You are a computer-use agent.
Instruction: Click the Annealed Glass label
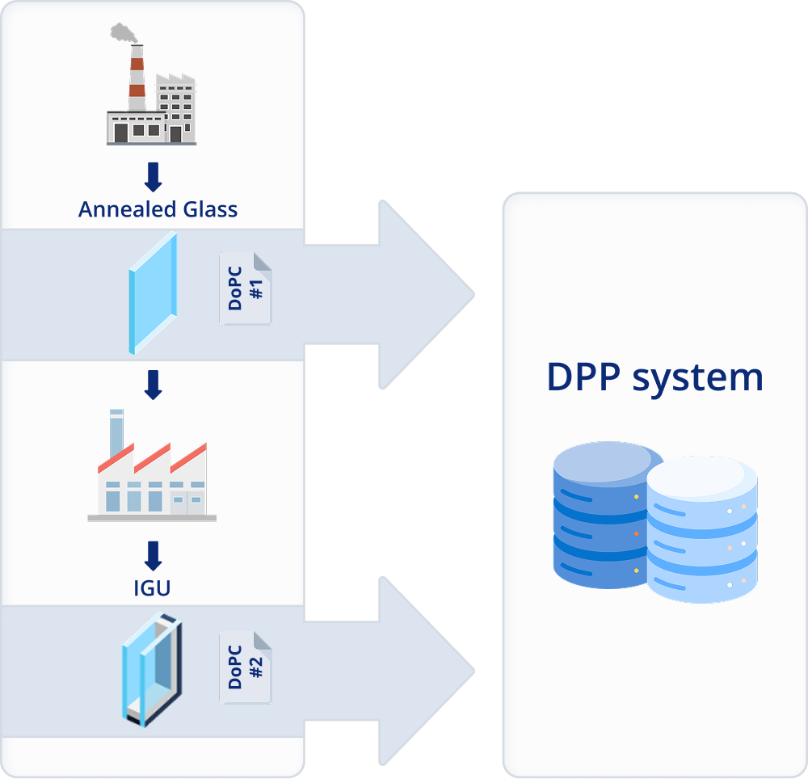point(158,209)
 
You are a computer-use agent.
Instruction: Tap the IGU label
point(152,588)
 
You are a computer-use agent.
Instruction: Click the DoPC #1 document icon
point(246,288)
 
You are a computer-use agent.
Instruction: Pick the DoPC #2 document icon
point(246,667)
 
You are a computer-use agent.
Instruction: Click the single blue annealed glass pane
point(153,293)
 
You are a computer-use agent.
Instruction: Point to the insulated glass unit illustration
point(152,669)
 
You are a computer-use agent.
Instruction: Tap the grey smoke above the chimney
point(124,32)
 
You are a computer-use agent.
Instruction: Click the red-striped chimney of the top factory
point(137,78)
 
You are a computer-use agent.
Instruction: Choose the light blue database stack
point(702,529)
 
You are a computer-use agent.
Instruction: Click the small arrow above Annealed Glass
point(153,177)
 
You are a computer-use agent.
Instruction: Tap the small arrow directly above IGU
point(153,556)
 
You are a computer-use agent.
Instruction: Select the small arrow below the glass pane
point(153,385)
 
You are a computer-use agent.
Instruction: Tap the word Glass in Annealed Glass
point(210,209)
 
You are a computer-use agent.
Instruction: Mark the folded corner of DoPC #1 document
point(263,262)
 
